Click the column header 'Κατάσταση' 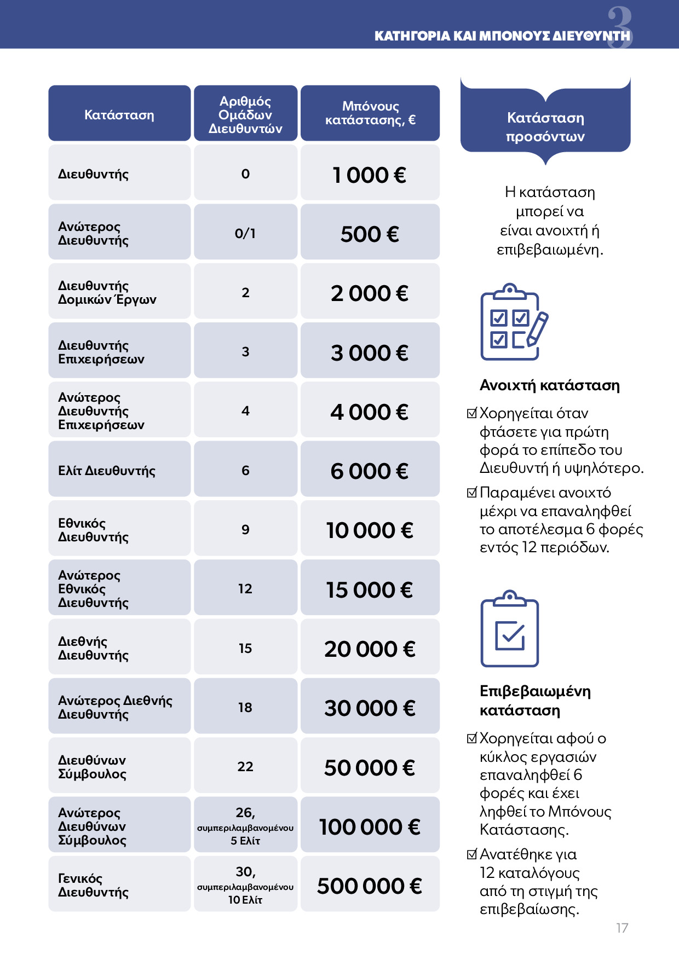point(119,115)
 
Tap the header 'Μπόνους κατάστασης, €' point(370,113)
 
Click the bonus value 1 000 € point(370,175)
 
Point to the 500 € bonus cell point(370,234)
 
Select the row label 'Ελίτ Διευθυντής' point(107,471)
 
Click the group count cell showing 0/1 point(245,234)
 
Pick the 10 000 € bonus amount point(370,530)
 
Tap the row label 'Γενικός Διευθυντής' point(94,885)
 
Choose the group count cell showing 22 point(245,767)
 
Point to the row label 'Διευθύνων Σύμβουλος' point(93,767)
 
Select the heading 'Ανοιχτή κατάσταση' point(549,385)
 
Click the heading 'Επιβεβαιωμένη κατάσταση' point(535,701)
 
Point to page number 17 point(622,928)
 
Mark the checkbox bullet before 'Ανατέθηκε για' point(472,854)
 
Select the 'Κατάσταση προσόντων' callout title point(545,127)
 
